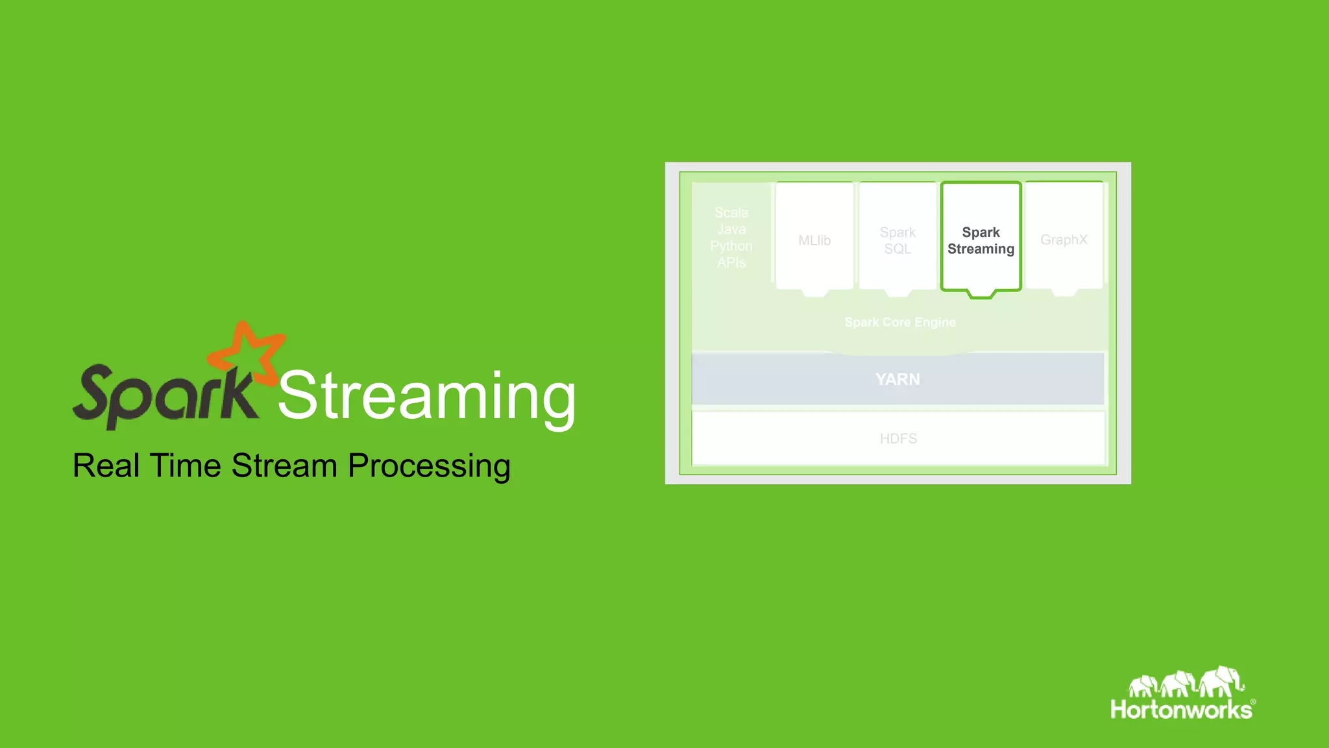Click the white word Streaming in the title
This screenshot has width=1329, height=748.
tap(427, 396)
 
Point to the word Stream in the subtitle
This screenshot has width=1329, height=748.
tap(284, 466)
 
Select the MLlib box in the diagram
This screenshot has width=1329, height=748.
tap(814, 240)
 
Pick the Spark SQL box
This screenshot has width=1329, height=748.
tap(897, 240)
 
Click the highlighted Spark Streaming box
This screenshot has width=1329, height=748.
tap(981, 240)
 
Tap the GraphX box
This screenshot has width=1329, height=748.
tap(1064, 240)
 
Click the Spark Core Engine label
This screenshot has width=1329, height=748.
tap(899, 322)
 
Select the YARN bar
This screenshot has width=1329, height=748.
tap(897, 379)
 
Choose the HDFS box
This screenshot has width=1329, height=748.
tap(898, 439)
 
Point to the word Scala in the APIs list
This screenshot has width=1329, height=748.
tap(731, 213)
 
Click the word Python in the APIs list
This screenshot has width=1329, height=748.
tap(731, 246)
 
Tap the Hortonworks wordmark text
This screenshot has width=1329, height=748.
tap(1181, 710)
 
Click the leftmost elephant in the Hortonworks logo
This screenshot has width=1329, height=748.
tap(1143, 686)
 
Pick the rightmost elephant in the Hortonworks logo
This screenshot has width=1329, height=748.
tap(1221, 681)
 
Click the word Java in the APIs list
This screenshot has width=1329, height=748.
tap(731, 229)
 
